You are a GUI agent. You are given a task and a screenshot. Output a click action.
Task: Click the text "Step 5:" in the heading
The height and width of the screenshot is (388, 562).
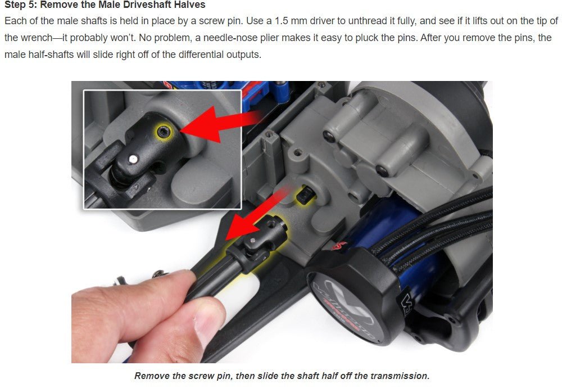coord(21,5)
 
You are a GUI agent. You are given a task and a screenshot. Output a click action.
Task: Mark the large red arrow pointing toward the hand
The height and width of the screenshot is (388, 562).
coord(247,216)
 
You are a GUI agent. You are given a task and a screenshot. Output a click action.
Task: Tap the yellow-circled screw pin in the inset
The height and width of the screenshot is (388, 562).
coord(163,132)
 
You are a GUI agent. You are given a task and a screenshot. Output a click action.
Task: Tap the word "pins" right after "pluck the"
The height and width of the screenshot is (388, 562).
coord(442,38)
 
